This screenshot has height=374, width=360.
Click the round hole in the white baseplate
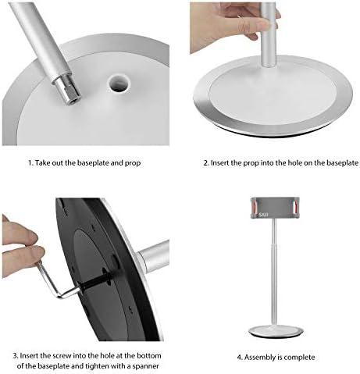[x=119, y=83]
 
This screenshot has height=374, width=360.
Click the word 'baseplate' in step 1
[x=93, y=163]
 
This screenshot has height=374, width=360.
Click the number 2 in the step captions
[x=205, y=163]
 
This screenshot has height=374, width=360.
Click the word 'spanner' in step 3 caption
[x=145, y=366]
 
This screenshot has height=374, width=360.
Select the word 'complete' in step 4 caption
[x=299, y=358]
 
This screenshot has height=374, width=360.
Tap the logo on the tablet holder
[x=263, y=215]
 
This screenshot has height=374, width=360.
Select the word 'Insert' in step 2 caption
[x=219, y=163]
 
